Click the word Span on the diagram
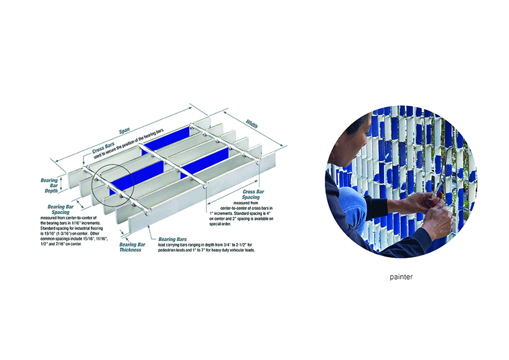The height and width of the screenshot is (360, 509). (124, 131)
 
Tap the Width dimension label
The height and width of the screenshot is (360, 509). (251, 124)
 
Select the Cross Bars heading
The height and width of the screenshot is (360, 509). (103, 148)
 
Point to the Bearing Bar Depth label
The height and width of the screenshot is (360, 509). (49, 186)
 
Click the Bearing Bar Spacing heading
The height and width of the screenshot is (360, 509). (61, 209)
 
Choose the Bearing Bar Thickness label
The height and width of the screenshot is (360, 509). (132, 247)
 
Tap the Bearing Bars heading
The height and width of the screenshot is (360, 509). (172, 239)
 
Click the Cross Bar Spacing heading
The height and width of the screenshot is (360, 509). (253, 194)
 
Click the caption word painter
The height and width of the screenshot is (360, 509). (401, 277)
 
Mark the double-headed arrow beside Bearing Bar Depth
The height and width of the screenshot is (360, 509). (60, 185)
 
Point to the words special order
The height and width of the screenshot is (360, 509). (220, 224)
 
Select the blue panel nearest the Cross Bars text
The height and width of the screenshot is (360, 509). (166, 140)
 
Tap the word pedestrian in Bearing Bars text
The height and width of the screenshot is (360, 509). (166, 250)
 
